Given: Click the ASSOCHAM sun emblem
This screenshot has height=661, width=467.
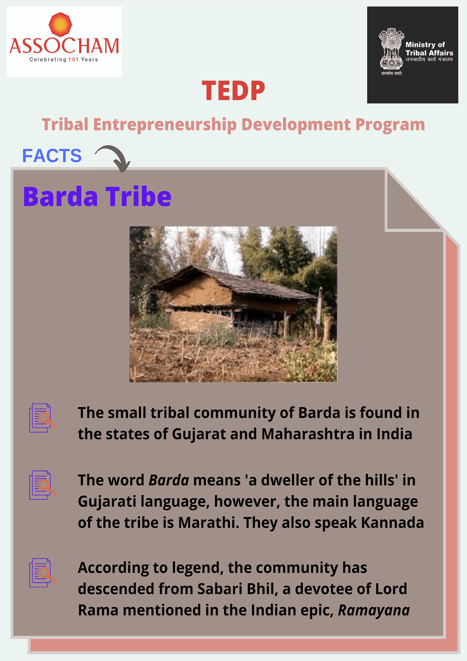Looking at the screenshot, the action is (x=60, y=24).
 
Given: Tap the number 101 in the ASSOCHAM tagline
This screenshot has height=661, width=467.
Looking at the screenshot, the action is (x=73, y=59).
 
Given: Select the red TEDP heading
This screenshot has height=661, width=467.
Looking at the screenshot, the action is (x=234, y=90).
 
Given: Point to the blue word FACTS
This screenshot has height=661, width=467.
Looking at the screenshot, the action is (x=52, y=155).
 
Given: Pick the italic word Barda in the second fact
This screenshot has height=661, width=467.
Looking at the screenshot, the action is (x=169, y=480).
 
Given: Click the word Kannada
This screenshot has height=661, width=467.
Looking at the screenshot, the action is (x=392, y=523).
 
